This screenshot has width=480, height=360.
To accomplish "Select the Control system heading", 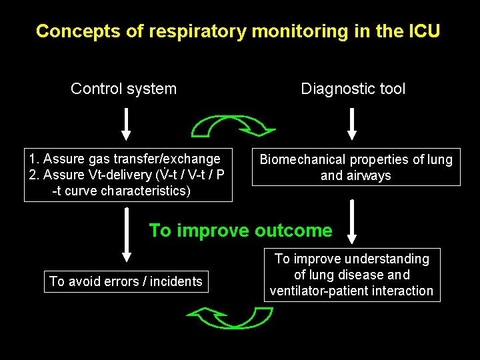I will (123, 89).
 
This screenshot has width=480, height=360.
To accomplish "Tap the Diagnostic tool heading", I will (353, 89).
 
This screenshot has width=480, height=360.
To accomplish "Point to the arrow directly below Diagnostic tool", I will (353, 125).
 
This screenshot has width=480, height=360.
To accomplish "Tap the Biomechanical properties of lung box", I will (355, 167).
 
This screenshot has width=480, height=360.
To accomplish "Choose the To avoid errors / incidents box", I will (125, 281).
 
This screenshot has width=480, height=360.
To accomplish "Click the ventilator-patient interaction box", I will (352, 275).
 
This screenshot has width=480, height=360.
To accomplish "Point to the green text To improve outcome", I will (240, 231).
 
